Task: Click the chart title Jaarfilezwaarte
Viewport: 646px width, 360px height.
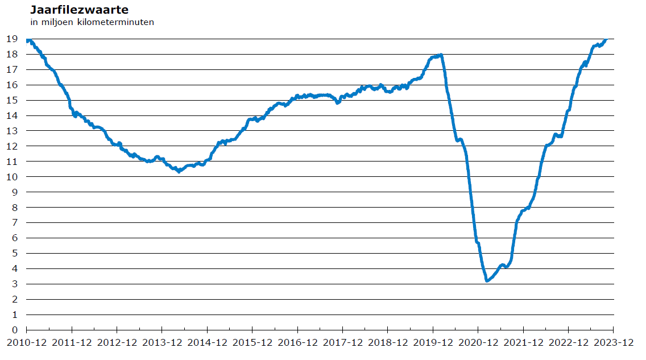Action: (80, 10)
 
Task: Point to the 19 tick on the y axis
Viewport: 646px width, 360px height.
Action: (12, 39)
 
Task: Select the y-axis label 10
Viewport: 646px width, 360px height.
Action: (12, 177)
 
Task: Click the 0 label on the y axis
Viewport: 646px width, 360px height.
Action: (15, 330)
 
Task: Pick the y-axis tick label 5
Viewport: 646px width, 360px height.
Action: (15, 253)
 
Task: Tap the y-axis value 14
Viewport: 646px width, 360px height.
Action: (12, 116)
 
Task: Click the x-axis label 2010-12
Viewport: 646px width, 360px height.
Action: (27, 343)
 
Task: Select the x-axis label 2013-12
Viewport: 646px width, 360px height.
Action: (162, 343)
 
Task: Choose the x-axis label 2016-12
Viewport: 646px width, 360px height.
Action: (298, 343)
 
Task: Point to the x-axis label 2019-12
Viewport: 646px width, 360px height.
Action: (433, 343)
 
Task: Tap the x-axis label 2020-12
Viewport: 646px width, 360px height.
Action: (478, 343)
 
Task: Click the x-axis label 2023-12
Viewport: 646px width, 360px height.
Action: (614, 343)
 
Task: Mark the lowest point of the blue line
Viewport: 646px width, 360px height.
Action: (487, 281)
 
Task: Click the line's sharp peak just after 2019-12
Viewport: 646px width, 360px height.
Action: (441, 55)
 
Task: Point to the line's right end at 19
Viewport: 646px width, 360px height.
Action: (606, 39)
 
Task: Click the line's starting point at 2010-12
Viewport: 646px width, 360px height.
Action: (27, 41)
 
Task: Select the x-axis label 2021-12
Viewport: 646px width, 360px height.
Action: (524, 343)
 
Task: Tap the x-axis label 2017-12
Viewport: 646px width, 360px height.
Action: (343, 343)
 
